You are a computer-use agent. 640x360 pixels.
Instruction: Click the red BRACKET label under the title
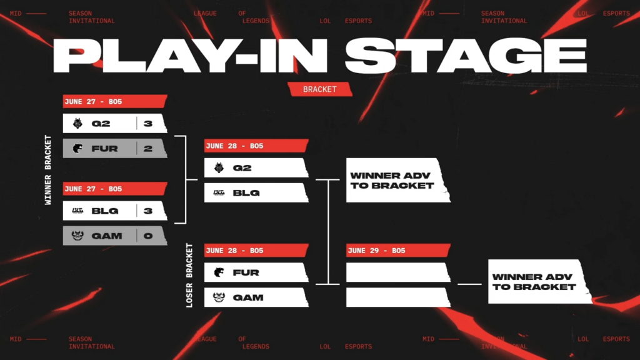click(x=319, y=89)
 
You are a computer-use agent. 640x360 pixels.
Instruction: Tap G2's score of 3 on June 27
click(x=148, y=124)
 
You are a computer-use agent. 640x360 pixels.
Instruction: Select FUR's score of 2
click(x=148, y=149)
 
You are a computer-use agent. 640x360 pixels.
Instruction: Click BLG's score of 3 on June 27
click(x=148, y=211)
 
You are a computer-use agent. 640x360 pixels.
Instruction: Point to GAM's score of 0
click(x=148, y=236)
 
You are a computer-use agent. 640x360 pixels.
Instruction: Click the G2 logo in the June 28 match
click(x=219, y=168)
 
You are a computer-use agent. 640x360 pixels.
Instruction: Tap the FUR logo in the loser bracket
click(x=219, y=272)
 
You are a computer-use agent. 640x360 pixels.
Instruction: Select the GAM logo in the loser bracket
click(x=219, y=297)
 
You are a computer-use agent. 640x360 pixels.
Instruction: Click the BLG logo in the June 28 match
click(x=219, y=193)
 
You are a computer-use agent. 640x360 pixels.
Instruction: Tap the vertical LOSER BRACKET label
click(x=190, y=276)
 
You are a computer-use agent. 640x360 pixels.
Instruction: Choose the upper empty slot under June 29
click(x=397, y=272)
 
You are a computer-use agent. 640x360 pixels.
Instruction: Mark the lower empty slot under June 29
click(x=397, y=297)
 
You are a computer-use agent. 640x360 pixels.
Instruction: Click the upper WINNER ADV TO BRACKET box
click(x=397, y=181)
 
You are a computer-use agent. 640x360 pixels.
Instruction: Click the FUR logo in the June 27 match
click(x=77, y=149)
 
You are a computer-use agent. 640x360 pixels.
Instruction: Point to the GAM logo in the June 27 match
click(x=77, y=236)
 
